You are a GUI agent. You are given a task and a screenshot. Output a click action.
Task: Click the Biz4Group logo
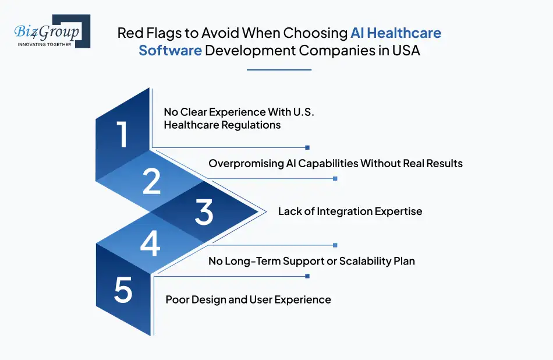[52, 31]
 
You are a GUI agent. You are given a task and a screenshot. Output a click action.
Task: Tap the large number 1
[122, 134]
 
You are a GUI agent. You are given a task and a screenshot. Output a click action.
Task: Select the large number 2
[152, 181]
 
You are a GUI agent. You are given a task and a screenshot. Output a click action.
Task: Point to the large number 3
[204, 212]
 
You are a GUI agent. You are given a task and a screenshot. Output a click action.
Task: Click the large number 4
[150, 243]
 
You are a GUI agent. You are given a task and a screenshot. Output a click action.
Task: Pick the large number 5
[123, 290]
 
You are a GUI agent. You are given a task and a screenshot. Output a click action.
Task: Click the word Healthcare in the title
[404, 33]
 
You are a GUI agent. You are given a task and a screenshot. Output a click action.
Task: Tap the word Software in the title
[170, 51]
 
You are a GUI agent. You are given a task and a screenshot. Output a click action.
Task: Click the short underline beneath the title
[279, 70]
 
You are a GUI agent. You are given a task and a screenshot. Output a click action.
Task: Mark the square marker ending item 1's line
[307, 147]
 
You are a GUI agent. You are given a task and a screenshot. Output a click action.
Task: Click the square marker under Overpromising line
[335, 179]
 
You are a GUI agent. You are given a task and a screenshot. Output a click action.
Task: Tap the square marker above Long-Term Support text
[335, 245]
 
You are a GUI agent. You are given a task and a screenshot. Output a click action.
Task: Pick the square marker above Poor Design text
[307, 276]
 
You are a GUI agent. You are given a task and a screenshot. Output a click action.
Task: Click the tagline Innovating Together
[44, 44]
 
